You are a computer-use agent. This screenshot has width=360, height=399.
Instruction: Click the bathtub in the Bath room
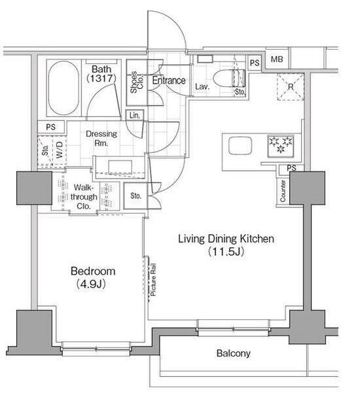click(x=63, y=88)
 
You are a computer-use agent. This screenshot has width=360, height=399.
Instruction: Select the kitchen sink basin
click(x=240, y=146)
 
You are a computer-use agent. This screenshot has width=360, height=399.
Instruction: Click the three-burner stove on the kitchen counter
click(x=281, y=147)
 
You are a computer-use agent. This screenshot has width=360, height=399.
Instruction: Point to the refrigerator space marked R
click(x=291, y=87)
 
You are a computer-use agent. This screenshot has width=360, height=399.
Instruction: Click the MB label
click(x=277, y=60)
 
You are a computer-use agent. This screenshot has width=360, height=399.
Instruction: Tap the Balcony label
click(x=234, y=353)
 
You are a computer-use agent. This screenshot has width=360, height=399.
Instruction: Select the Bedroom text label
click(x=93, y=271)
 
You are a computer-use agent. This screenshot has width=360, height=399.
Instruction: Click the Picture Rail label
click(x=153, y=280)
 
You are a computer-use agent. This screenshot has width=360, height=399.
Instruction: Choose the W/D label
click(x=59, y=150)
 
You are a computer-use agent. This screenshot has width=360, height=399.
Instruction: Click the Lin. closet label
click(x=135, y=115)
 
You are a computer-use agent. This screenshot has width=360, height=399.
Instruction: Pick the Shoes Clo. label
click(x=137, y=82)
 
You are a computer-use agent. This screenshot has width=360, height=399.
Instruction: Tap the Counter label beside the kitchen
click(x=283, y=191)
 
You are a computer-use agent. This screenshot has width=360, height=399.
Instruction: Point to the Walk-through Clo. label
click(x=84, y=197)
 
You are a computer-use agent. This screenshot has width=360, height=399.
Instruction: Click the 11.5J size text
click(x=226, y=251)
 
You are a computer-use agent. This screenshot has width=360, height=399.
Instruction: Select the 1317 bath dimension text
click(x=101, y=78)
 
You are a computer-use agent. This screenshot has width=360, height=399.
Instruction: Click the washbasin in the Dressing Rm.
click(x=120, y=167)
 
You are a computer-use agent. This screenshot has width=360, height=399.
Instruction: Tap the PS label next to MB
click(x=255, y=63)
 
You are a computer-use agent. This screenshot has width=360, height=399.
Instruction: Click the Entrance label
click(x=169, y=80)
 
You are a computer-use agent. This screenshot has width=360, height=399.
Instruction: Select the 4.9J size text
click(x=91, y=284)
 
